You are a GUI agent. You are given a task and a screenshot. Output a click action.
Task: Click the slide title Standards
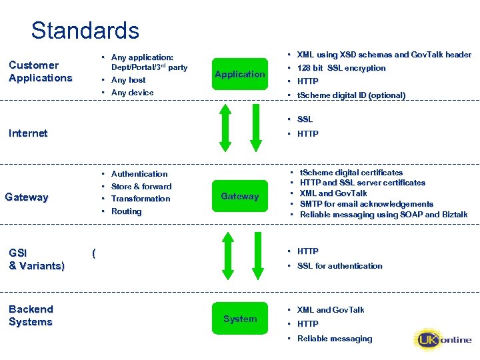coord(85,31)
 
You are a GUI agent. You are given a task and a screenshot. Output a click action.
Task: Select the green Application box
coord(240,74)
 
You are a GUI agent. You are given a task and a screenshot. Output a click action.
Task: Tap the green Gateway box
coord(240,196)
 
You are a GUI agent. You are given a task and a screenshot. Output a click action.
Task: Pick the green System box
coord(240,319)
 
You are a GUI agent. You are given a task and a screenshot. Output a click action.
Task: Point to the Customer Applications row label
coord(40,71)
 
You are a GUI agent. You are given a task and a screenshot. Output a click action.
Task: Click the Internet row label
coord(28,133)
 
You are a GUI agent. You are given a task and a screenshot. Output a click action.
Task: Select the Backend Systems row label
coord(31,315)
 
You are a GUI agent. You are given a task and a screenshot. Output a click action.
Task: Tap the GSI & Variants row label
coord(36,259)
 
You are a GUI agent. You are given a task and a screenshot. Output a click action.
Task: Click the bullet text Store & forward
coord(141,187)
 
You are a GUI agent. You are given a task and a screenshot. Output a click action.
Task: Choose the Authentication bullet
coord(139,174)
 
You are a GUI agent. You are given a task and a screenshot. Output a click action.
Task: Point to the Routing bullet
coord(127,211)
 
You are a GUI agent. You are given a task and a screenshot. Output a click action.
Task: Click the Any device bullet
coord(132,93)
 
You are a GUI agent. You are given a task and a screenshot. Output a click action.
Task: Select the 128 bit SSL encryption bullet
coord(341,68)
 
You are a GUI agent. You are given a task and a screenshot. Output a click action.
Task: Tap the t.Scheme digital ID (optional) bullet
coord(351,95)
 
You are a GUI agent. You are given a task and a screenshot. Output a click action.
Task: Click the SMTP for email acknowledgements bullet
coord(367,204)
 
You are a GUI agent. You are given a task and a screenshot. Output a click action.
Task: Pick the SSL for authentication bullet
coord(340,266)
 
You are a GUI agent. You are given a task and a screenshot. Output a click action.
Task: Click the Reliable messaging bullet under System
coord(335,339)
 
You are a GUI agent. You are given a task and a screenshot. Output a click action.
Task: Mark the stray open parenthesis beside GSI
coord(94,253)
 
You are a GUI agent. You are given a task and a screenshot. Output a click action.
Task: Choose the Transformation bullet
coord(141,199)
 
